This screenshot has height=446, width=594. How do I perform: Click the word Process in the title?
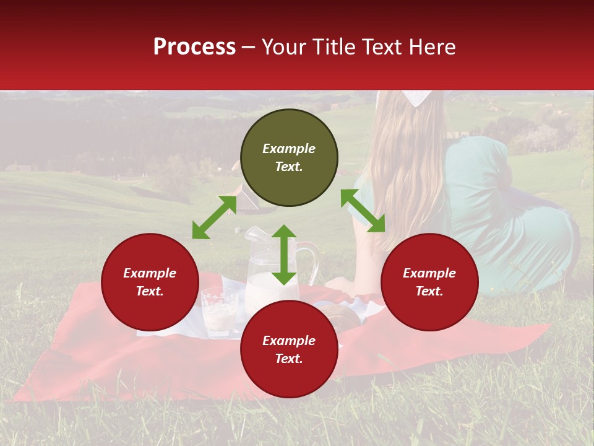(194, 47)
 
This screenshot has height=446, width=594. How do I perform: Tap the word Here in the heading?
(431, 47)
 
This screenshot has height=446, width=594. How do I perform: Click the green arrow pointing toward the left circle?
(214, 217)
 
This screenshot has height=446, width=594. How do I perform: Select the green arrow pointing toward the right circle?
(363, 211)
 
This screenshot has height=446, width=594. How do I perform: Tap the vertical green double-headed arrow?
(284, 255)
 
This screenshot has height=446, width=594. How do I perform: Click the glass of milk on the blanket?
(218, 312)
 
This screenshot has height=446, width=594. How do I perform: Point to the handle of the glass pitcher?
(313, 260)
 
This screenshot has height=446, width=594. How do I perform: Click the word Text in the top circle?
(289, 167)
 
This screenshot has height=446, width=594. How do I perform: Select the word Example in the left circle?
(150, 273)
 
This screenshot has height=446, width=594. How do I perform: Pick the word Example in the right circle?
(429, 273)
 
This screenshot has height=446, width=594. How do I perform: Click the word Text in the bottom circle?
(289, 359)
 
